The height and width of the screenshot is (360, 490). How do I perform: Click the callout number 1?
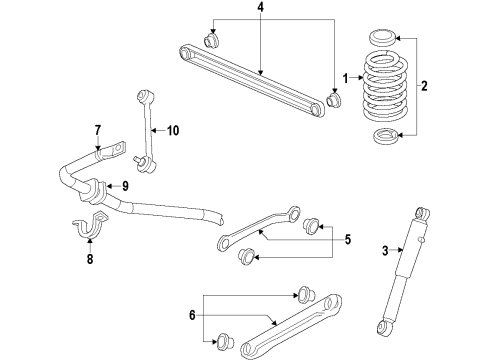tap(346, 78)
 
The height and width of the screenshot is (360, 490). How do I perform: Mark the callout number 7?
tap(99, 130)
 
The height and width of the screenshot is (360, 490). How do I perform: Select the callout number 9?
tap(125, 185)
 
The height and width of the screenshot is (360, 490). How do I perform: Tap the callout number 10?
tap(172, 129)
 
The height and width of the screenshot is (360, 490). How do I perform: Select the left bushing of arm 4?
tap(212, 40)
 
